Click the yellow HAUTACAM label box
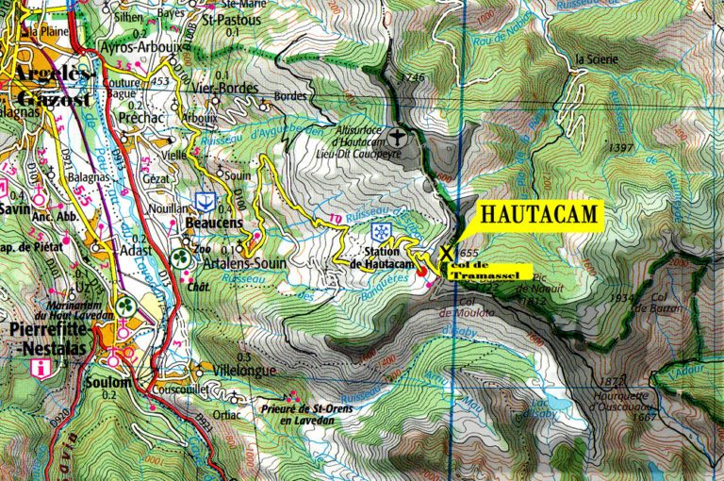pyautogui.click(x=539, y=214)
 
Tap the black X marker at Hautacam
pyautogui.click(x=446, y=253)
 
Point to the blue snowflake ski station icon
pyautogui.click(x=380, y=232)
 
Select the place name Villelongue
pyautogui.click(x=245, y=371)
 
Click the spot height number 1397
pyautogui.click(x=621, y=148)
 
